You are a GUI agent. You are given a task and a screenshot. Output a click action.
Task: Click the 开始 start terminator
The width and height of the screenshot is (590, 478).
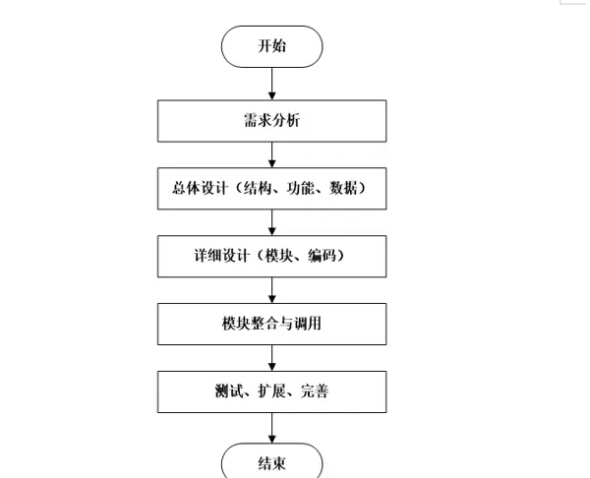(x=272, y=46)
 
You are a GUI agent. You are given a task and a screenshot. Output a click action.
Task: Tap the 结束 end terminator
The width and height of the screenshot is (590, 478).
(x=272, y=462)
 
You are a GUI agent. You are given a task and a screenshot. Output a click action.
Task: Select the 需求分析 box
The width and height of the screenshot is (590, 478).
(x=272, y=122)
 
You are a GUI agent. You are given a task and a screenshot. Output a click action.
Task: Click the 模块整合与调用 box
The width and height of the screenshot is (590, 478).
(x=272, y=324)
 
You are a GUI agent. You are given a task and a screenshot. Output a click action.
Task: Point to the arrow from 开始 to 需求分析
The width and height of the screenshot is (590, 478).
(x=272, y=84)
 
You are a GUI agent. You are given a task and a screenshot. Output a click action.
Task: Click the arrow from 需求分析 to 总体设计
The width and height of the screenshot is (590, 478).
(x=272, y=154)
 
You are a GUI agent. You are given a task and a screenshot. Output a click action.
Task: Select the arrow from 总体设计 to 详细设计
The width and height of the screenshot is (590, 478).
(x=272, y=221)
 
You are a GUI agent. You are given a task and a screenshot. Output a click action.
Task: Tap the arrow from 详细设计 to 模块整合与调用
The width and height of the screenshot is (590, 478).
(x=272, y=289)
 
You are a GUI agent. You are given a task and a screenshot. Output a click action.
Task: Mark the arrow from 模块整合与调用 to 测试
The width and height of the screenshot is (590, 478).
(x=272, y=356)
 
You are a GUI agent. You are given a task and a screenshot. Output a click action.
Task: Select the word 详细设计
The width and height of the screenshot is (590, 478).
(x=219, y=256)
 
